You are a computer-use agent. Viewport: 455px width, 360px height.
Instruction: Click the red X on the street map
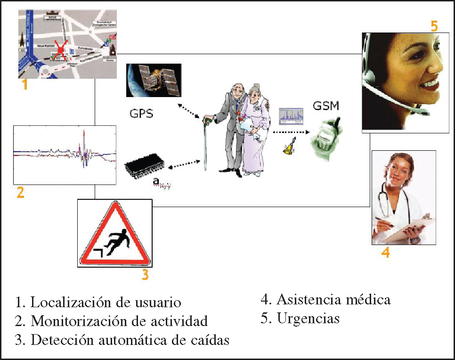59,48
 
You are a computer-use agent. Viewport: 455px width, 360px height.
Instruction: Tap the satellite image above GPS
154,80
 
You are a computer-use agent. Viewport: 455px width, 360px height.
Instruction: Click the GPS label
141,114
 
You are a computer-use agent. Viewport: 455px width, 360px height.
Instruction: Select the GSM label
325,105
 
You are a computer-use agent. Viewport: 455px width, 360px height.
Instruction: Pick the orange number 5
434,26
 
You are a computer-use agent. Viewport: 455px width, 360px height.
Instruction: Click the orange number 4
385,253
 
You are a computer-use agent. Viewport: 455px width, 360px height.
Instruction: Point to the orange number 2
20,192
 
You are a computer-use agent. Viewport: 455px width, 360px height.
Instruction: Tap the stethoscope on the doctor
386,198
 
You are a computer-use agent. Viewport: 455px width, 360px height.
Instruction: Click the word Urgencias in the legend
309,319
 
